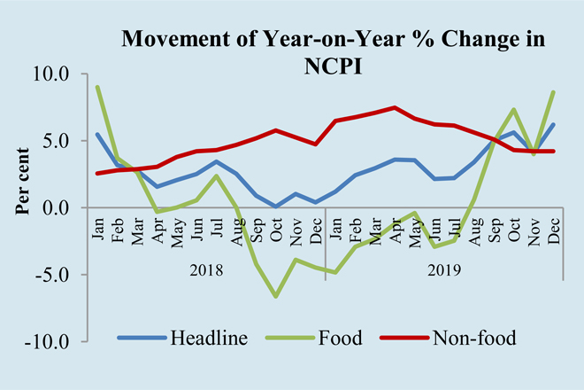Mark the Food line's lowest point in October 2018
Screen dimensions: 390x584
click(276, 296)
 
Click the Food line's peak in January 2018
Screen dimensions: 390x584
click(97, 87)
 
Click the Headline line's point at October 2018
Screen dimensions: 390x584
click(276, 207)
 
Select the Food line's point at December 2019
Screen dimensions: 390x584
click(555, 92)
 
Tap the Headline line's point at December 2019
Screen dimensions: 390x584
click(555, 124)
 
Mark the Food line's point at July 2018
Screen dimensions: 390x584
click(217, 175)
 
